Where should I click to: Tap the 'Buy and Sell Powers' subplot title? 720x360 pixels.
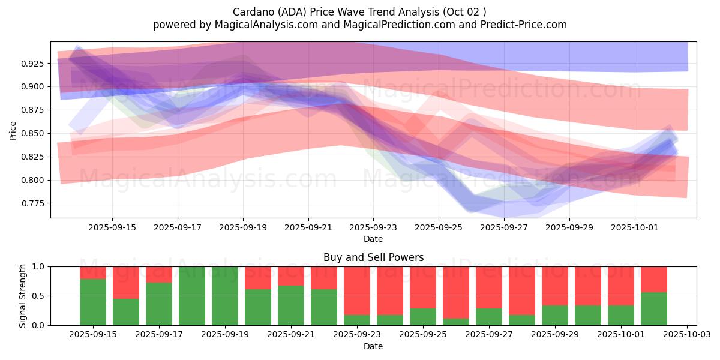coord(373,257)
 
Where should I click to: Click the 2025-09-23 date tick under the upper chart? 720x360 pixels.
coord(373,228)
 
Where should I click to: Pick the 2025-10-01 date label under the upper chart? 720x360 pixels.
coord(635,228)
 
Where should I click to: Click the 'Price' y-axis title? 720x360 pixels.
coord(13,130)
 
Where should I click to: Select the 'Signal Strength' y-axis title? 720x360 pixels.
coord(23,295)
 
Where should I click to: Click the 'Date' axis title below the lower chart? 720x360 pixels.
coord(373,346)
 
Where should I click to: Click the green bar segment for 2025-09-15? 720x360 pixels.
coord(93,302)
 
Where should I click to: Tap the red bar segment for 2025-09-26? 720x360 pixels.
coord(456,292)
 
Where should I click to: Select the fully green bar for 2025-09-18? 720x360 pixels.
coord(192,296)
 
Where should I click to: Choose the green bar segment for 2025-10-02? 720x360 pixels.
coord(654,308)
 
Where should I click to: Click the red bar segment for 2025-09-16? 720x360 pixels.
coord(126,282)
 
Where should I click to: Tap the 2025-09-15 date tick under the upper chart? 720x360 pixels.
coord(112,228)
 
